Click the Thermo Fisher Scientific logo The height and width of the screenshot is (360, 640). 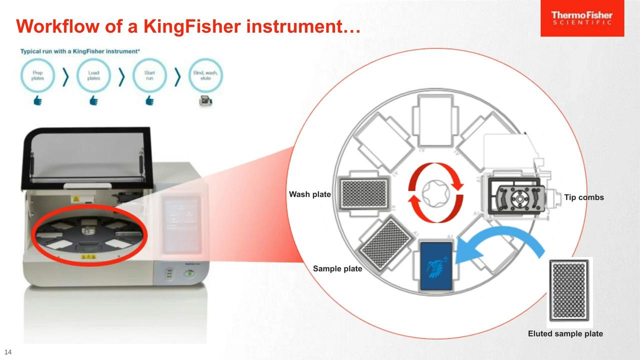pos(582,18)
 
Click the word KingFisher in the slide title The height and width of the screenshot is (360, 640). pos(192,26)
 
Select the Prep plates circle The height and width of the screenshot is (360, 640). pos(37,75)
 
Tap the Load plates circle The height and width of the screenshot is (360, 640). pos(93,75)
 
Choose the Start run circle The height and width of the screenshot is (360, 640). pos(149,75)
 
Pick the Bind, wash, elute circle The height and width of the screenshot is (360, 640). pos(205,75)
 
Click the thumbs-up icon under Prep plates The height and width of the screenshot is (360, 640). pos(37,100)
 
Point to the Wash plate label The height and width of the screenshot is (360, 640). pos(309,194)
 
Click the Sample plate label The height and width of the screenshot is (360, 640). pos(337,268)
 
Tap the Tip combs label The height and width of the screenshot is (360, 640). pos(584,197)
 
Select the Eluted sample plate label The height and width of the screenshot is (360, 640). pos(565,333)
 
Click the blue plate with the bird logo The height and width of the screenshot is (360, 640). pos(436,266)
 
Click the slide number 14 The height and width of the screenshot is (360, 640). pos(8,351)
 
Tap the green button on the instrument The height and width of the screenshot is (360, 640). pos(189,273)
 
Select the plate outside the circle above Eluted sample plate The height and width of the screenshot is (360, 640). pos(569,290)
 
